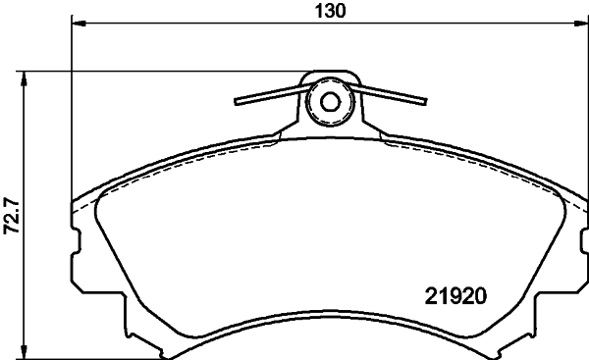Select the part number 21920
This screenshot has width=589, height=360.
point(456,293)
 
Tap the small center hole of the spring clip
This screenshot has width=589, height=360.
point(330,101)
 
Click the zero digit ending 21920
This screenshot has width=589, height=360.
point(482,293)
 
